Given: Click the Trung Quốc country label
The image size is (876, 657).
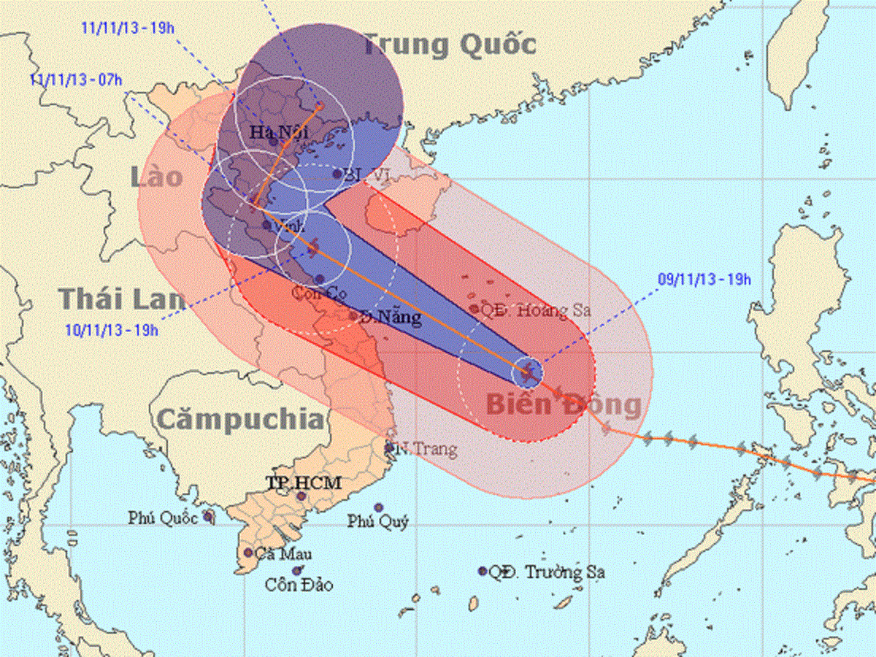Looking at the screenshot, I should (450, 45).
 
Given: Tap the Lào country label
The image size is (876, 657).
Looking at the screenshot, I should (158, 177).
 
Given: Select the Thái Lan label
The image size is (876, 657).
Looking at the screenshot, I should (121, 300).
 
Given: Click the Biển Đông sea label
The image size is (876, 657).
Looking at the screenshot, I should (564, 404).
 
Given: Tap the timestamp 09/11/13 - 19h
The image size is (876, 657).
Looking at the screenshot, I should (704, 278).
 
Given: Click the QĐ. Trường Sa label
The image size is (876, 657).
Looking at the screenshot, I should (547, 572).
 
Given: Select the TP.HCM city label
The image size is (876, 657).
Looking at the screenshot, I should (303, 483).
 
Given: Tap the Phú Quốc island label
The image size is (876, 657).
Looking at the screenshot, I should (163, 518).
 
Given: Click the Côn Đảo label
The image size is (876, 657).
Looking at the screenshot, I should (299, 585).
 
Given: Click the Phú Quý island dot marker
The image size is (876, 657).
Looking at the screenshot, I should (379, 507).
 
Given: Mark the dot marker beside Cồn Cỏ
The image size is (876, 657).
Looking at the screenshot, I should (319, 279).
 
